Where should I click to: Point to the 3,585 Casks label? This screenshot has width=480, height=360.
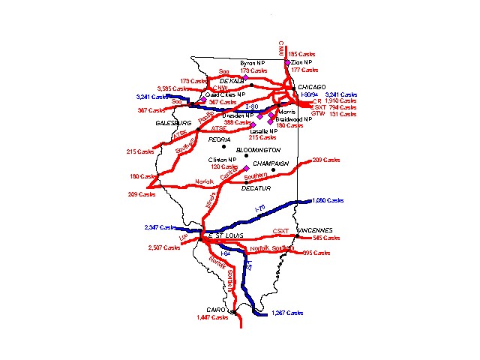tap(171, 88)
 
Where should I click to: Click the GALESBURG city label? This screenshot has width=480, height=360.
tap(174, 122)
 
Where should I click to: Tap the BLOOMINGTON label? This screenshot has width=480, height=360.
tap(252, 150)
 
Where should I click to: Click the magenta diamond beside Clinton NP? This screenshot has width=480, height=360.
tap(245, 168)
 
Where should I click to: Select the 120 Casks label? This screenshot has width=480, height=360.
tap(221, 166)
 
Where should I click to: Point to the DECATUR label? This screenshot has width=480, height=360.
tap(255, 187)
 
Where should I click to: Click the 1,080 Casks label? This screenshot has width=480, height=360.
tap(328, 200)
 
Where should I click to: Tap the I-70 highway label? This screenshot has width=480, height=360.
tap(260, 208)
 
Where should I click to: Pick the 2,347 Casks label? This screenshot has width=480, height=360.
tap(160, 226)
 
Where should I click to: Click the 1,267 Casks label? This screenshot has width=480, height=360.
tap(288, 312)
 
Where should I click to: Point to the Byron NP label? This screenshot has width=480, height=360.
tap(253, 63)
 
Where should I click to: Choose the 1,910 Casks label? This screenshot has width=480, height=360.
tap(342, 100)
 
